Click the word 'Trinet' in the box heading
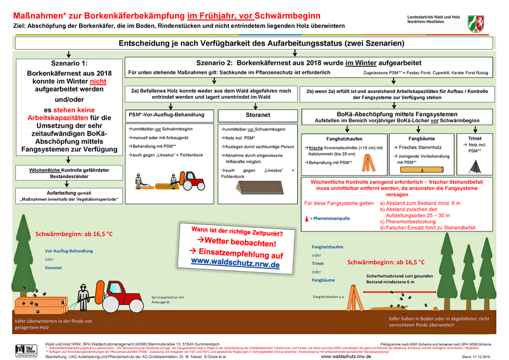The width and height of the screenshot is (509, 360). (x=475, y=137)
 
